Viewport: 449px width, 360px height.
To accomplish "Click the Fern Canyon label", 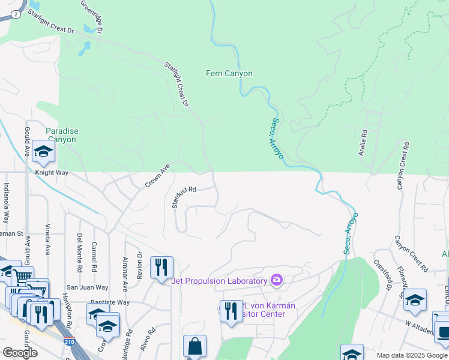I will point(229,74).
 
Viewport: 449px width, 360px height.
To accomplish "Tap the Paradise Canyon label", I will point(62,135).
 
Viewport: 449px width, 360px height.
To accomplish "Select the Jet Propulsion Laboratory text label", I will point(219,281).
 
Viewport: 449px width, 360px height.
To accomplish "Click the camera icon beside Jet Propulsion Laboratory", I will point(276,280).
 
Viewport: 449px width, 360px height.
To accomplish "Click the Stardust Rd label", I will point(184,197).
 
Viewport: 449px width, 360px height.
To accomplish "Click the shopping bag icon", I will point(194,346).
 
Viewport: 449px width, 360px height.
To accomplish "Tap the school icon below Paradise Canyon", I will point(43,151).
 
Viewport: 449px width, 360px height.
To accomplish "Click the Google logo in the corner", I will point(20,353).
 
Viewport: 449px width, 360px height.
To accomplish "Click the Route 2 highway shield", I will point(14,13).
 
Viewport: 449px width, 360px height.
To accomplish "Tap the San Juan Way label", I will point(87,287).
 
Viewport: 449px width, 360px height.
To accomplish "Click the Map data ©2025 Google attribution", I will point(412,355).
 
